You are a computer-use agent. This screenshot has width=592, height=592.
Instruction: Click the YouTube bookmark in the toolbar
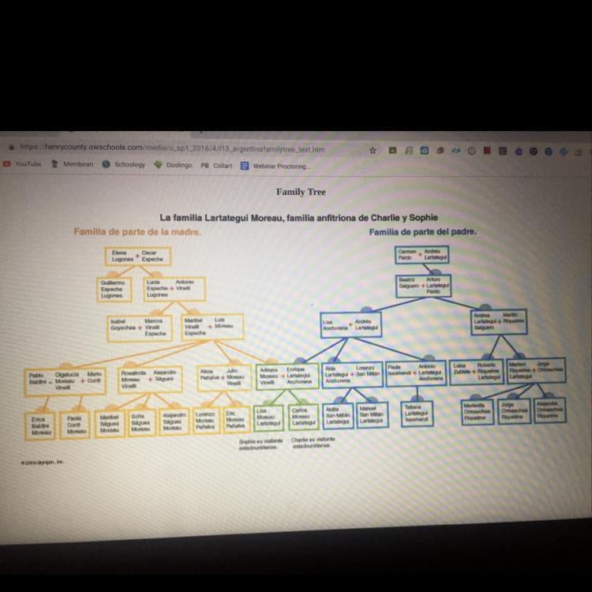tap(28, 164)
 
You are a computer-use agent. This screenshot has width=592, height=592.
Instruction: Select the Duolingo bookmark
tap(178, 165)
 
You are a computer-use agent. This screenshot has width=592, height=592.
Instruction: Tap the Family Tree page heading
tap(300, 192)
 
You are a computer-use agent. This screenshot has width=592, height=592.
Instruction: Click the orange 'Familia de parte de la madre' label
tap(137, 232)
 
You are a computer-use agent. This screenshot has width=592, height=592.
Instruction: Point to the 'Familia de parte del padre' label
tap(422, 232)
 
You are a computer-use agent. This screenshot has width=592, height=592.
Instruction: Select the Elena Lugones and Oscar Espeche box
tap(137, 256)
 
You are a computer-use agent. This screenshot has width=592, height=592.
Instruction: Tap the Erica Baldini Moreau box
tap(42, 425)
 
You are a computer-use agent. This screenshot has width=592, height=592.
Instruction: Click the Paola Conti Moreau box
tap(76, 425)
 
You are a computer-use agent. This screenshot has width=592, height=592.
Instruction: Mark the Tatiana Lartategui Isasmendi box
tap(416, 414)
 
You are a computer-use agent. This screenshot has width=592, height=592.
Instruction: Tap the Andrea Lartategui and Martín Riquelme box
tap(498, 320)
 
